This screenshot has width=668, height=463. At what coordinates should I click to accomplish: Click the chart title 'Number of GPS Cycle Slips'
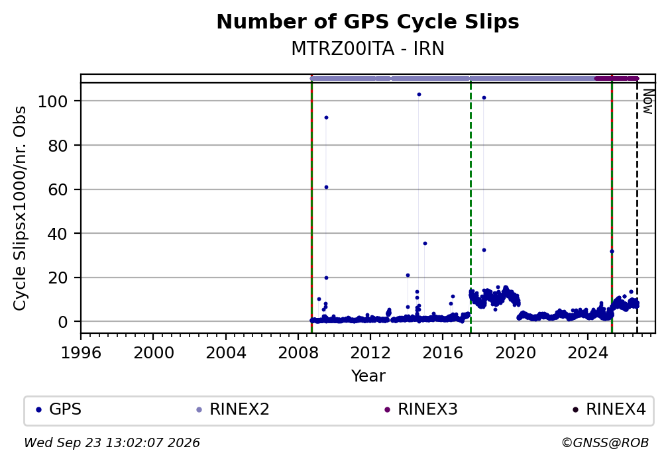[368, 22]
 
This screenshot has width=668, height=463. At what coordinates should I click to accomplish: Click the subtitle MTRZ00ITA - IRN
[368, 48]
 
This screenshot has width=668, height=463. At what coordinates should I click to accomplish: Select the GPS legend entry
[59, 409]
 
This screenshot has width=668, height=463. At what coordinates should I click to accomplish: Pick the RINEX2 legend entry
[233, 409]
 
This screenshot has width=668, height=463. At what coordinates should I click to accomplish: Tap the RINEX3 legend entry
[421, 409]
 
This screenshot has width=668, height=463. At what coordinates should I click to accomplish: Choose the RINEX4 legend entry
[609, 409]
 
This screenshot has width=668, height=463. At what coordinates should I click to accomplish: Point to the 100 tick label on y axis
[53, 101]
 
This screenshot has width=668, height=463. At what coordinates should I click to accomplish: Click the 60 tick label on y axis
[58, 189]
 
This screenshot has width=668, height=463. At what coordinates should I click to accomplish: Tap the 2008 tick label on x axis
[298, 353]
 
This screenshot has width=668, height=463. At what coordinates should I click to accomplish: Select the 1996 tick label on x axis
[81, 353]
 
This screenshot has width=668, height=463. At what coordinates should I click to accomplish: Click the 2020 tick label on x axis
[515, 353]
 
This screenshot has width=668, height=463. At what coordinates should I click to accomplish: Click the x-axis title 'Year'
[368, 376]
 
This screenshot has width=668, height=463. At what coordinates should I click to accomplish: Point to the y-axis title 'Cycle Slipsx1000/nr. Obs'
[20, 208]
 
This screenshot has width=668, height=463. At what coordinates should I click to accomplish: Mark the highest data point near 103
[419, 95]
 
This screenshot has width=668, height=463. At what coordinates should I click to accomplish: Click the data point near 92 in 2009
[326, 117]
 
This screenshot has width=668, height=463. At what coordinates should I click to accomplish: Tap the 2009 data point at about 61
[326, 187]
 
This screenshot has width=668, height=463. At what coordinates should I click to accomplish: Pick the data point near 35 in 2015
[425, 244]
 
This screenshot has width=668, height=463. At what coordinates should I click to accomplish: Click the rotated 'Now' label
[648, 101]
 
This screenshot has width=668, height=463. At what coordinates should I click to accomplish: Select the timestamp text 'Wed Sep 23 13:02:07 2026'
[112, 443]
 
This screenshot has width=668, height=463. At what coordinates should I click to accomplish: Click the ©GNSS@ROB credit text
[605, 443]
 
